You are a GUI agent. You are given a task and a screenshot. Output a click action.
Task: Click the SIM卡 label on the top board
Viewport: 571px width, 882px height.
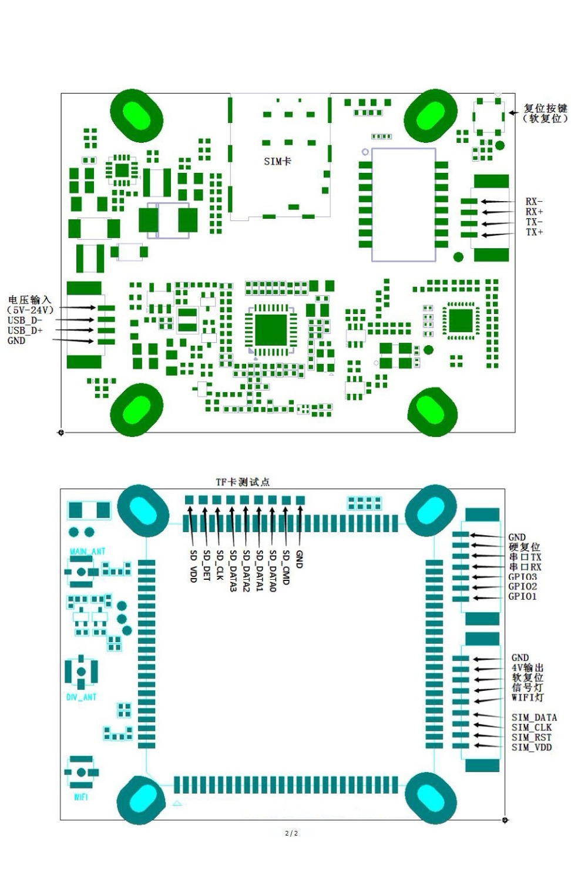[277, 161]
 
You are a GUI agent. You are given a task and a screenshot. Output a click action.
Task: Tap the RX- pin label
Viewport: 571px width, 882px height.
[534, 202]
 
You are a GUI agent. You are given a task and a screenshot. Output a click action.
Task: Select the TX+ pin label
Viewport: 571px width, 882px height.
[534, 232]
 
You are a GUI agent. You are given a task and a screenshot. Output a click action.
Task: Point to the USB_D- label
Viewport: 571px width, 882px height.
[25, 320]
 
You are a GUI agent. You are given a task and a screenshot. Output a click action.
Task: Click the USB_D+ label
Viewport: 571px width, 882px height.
[25, 330]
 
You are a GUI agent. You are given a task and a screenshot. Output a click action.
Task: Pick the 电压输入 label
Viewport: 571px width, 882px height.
[29, 300]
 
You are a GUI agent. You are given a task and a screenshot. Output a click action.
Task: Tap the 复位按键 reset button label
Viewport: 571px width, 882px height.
[545, 108]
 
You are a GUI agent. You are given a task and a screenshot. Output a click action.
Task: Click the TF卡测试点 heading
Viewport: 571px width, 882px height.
[243, 482]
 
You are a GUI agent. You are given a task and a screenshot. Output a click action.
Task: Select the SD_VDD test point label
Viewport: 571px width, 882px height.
[193, 566]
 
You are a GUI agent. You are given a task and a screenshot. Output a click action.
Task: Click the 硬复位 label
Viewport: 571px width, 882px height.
[525, 547]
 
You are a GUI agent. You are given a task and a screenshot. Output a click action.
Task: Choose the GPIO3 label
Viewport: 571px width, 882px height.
[522, 577]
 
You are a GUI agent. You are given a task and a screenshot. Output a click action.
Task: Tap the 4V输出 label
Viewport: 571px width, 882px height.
[528, 668]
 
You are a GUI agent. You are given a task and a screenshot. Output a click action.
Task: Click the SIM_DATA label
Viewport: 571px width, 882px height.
[534, 717]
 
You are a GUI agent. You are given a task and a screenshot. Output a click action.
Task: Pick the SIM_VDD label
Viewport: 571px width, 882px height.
[532, 747]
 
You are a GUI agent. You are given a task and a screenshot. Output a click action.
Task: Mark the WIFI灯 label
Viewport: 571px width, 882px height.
[528, 698]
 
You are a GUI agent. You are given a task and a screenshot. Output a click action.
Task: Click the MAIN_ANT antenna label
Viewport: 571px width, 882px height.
[88, 551]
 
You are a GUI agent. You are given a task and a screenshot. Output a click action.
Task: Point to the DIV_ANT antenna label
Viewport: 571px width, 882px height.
[81, 697]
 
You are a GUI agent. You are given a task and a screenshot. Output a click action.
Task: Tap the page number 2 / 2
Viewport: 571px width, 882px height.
[291, 833]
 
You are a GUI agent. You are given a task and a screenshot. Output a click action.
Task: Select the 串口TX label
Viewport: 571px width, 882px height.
[525, 557]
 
